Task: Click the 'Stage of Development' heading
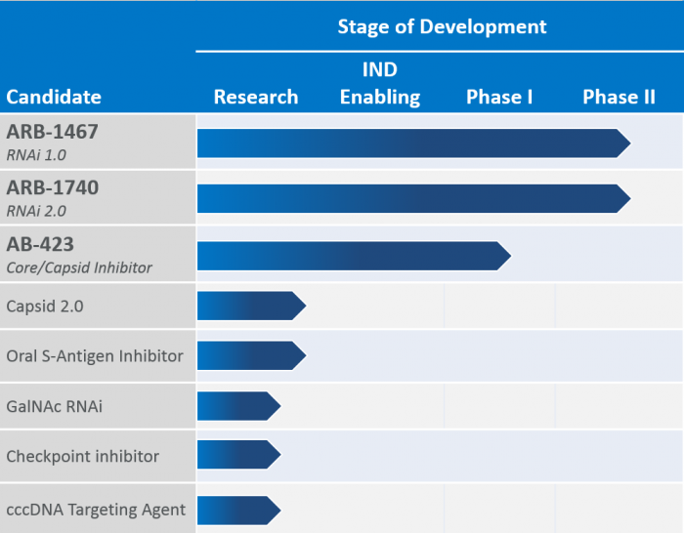(442, 26)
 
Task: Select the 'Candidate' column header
(54, 97)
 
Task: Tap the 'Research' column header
(256, 97)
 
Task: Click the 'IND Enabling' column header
(380, 84)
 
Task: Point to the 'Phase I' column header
(499, 97)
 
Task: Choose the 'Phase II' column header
(619, 97)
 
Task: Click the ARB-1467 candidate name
(53, 131)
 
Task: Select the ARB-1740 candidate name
(53, 187)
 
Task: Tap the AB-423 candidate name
(40, 244)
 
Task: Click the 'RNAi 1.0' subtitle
(36, 153)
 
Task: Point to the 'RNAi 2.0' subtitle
(36, 210)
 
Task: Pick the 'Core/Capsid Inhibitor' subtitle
(79, 266)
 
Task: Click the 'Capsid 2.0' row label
(45, 307)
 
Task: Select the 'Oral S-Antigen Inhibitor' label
(95, 355)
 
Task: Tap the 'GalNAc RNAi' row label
(54, 406)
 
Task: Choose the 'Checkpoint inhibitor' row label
(82, 456)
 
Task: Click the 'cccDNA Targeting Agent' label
(95, 509)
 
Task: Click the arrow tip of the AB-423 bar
(506, 256)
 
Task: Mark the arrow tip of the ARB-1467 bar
(625, 143)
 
